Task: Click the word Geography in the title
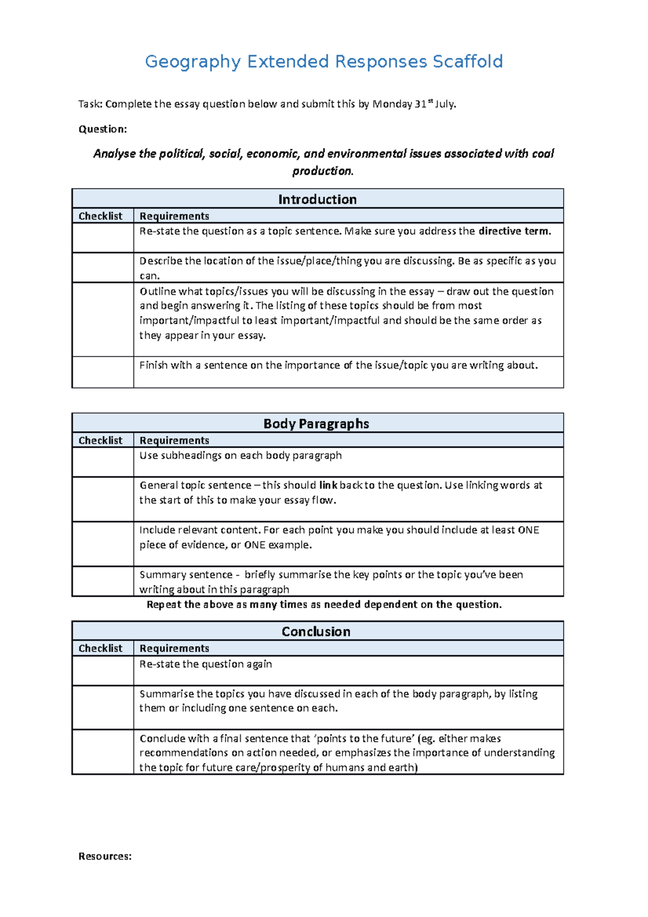pyautogui.click(x=192, y=62)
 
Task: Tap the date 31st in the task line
pyautogui.click(x=423, y=104)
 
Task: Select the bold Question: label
pyautogui.click(x=103, y=129)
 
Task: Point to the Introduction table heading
pyautogui.click(x=317, y=199)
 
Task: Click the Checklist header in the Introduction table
pyautogui.click(x=100, y=216)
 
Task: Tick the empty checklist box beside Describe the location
pyautogui.click(x=103, y=267)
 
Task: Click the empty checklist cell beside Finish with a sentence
pyautogui.click(x=103, y=372)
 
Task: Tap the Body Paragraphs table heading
pyautogui.click(x=316, y=423)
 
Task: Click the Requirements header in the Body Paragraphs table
pyautogui.click(x=174, y=440)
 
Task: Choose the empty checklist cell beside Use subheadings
pyautogui.click(x=103, y=462)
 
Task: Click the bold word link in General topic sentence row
pyautogui.click(x=328, y=485)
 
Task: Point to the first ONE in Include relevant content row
pyautogui.click(x=528, y=530)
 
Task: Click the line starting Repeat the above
pyautogui.click(x=324, y=604)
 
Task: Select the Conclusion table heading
pyautogui.click(x=316, y=631)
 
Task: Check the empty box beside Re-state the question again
pyautogui.click(x=103, y=671)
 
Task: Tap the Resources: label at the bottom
pyautogui.click(x=105, y=856)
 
